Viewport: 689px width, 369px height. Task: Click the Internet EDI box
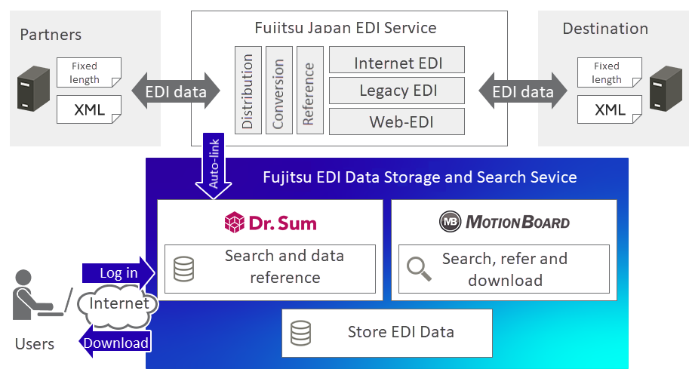tap(397, 62)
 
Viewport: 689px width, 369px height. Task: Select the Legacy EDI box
tap(397, 91)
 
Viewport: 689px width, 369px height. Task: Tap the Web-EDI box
tap(397, 121)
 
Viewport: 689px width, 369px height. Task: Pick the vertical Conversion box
tap(278, 89)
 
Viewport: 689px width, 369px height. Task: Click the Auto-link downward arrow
tap(214, 168)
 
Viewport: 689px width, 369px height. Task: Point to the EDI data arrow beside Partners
tap(176, 92)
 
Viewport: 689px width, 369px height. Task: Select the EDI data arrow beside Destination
tap(522, 92)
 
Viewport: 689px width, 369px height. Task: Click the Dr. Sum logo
tap(270, 222)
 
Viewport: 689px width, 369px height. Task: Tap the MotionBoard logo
tap(504, 222)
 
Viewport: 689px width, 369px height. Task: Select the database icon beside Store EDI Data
tap(300, 332)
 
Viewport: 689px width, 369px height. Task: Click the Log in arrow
tap(118, 272)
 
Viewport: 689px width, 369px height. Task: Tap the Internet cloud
tap(118, 304)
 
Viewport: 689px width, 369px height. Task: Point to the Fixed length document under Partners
tap(88, 73)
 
